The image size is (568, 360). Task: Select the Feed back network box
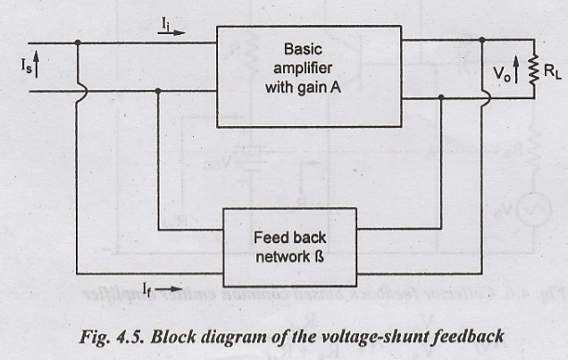tap(290, 247)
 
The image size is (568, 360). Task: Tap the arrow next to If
tap(171, 289)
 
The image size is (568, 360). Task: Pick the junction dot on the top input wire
tap(79, 42)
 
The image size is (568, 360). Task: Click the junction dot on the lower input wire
tap(158, 90)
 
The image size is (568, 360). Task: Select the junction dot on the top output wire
tap(482, 40)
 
